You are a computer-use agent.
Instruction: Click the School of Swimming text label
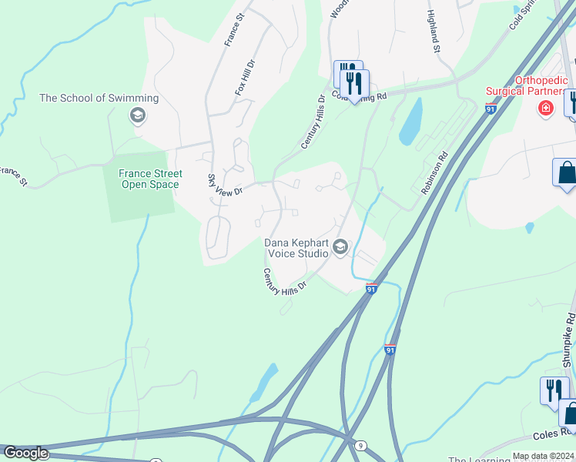[99, 98]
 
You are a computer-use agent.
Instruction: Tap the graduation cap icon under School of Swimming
[138, 115]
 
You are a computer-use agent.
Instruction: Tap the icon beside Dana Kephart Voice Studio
[340, 246]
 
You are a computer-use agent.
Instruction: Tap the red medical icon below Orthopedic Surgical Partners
[546, 108]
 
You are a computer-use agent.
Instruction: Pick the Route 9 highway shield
[360, 445]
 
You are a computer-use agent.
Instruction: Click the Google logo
[25, 453]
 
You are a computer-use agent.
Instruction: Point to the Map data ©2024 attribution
[544, 456]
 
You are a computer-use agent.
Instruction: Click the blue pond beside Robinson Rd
[410, 122]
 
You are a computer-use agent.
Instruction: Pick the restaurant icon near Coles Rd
[553, 390]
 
